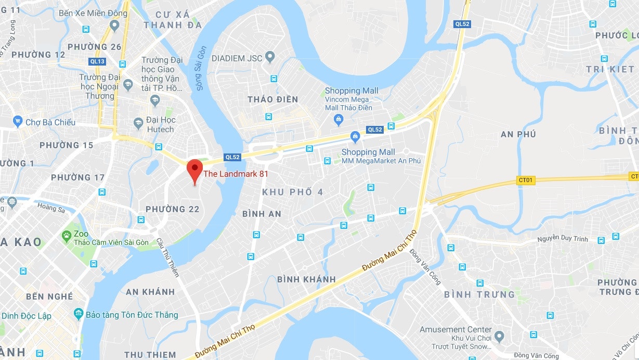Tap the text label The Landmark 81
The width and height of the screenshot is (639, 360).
(x=236, y=174)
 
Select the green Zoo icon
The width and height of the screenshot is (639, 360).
(x=67, y=236)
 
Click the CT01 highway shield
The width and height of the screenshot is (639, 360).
(x=526, y=180)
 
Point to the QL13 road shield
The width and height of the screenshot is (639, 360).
(x=97, y=61)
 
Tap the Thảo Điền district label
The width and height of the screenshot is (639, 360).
(x=272, y=99)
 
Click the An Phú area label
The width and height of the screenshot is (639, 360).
(x=518, y=134)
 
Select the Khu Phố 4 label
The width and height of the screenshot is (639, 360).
(x=292, y=192)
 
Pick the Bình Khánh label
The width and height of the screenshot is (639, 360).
(x=306, y=279)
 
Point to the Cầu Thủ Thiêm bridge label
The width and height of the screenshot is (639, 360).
(x=168, y=257)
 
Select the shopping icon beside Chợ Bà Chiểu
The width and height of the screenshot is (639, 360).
(x=18, y=122)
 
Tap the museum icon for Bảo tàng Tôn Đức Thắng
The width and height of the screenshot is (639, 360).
(x=78, y=314)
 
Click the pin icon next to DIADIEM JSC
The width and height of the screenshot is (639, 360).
(x=270, y=56)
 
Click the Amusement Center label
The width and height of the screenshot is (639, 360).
(x=455, y=329)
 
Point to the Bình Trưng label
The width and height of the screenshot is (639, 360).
(x=479, y=294)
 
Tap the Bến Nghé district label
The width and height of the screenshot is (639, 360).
(x=49, y=297)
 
